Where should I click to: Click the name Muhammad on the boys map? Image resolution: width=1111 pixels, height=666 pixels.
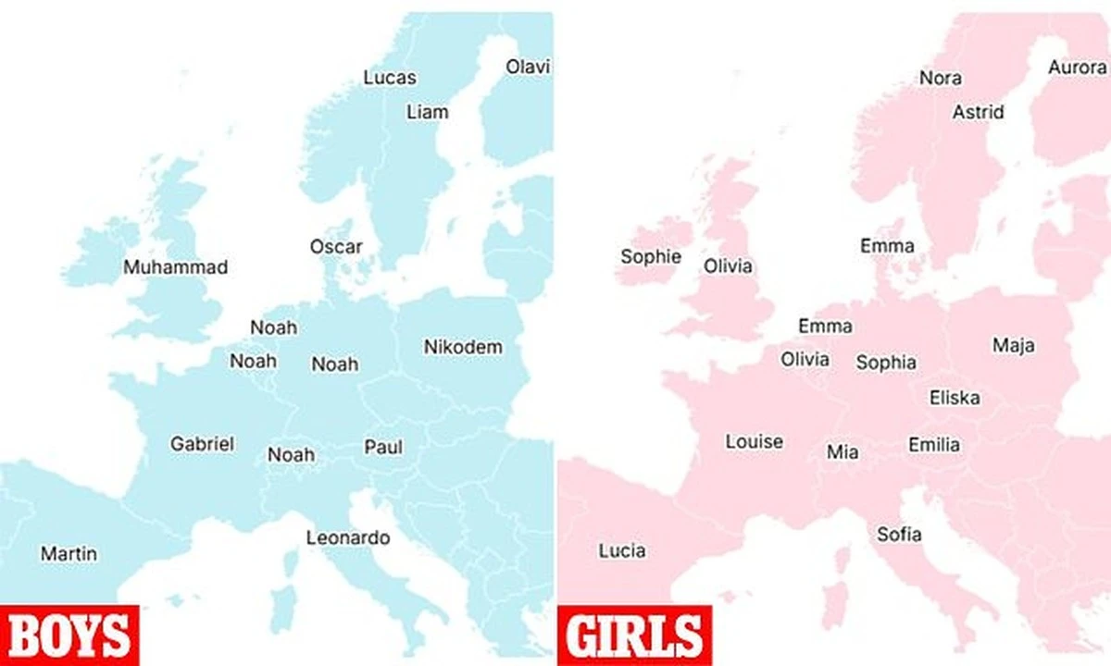click(x=176, y=267)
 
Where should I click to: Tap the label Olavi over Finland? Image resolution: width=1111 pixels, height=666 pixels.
click(x=528, y=67)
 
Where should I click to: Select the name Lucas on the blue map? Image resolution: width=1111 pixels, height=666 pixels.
click(x=389, y=78)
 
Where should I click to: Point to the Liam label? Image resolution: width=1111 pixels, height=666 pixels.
click(x=427, y=112)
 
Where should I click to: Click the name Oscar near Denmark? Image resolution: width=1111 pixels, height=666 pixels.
click(x=336, y=247)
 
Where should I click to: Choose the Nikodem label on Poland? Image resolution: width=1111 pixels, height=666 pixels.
click(x=463, y=347)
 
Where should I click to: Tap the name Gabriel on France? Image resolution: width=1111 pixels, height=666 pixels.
click(x=202, y=443)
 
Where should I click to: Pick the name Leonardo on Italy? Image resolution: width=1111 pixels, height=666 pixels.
click(x=348, y=537)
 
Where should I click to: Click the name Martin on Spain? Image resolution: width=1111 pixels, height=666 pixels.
click(x=69, y=554)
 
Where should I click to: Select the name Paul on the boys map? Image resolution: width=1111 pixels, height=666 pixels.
click(x=383, y=447)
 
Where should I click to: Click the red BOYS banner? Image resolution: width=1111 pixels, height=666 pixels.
click(x=69, y=635)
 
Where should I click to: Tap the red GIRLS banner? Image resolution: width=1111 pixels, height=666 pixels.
click(x=633, y=635)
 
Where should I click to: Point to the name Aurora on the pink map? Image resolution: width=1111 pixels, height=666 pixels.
click(x=1077, y=67)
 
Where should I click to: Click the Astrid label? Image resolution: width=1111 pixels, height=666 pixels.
click(x=978, y=112)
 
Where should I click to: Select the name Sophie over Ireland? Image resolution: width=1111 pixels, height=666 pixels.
click(x=651, y=257)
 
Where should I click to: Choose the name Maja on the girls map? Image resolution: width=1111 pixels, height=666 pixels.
click(x=1014, y=345)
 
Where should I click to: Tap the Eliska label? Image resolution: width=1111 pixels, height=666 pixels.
click(x=955, y=398)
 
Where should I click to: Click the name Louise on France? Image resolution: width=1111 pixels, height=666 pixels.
click(x=754, y=441)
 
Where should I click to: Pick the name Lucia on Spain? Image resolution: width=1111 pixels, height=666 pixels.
click(x=622, y=550)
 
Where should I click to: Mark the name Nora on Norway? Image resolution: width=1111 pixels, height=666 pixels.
click(x=940, y=78)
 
